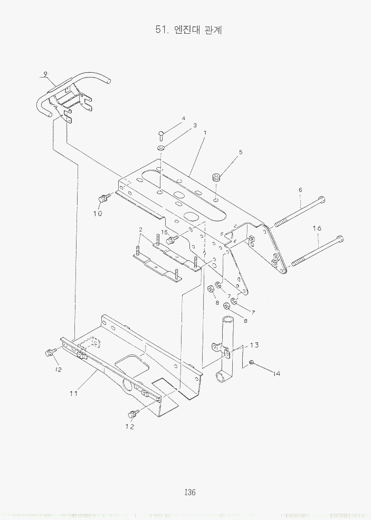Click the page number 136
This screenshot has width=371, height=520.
191,493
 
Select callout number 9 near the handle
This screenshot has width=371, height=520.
45,74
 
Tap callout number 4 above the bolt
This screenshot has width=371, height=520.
184,118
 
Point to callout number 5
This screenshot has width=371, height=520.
241,152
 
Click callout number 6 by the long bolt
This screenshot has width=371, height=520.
300,189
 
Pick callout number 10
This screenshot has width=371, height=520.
98,213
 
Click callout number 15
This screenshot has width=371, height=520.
165,232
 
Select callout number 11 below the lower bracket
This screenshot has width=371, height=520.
74,393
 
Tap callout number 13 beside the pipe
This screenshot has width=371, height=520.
254,345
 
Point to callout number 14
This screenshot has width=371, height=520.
276,373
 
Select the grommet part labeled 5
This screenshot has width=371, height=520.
215,177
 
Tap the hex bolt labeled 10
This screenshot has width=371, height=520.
103,199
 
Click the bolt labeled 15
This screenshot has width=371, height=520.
170,240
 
